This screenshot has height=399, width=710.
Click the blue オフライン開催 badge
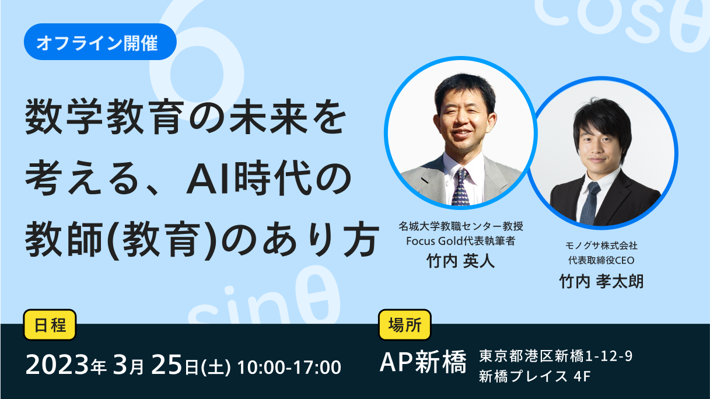pos(100,42)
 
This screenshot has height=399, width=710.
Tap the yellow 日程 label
pos(50,325)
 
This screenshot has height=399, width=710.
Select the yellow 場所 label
pos(405,325)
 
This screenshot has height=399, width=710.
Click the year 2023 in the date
pos(57,365)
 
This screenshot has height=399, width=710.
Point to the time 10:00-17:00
pos(289,367)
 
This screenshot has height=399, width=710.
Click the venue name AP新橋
pos(423,362)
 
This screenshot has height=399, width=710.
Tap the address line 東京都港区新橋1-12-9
pos(555,356)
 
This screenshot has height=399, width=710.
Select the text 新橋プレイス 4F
pos(534,376)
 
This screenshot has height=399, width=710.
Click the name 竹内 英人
pos(460,261)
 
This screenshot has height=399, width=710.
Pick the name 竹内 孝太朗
pos(601,281)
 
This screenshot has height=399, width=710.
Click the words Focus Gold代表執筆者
pos(460,241)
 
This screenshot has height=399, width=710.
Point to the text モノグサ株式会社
pos(601,246)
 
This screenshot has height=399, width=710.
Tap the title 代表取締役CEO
pos(601,261)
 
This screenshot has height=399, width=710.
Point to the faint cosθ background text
pos(621,22)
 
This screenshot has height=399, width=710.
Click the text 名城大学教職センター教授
pos(460,226)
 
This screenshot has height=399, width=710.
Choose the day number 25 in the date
pos(167,365)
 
